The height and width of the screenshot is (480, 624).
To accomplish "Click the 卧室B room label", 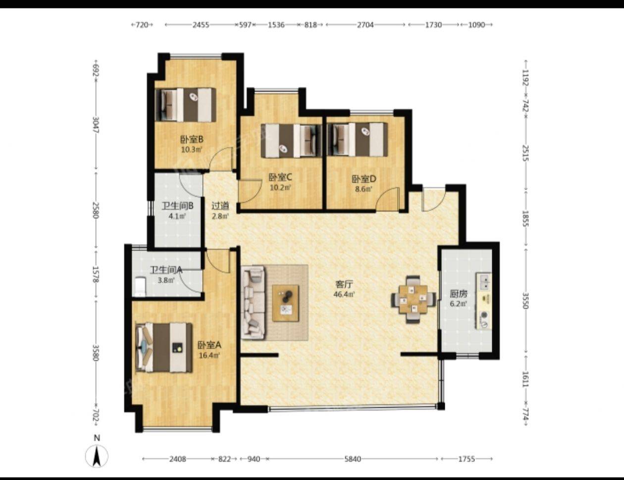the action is click(192, 140).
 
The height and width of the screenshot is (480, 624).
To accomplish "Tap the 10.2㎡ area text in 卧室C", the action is click(280, 188).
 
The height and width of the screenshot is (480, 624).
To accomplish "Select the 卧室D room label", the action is click(364, 179).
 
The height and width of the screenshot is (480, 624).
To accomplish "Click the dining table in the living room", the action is click(413, 299).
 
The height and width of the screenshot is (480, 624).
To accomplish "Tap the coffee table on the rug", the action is click(285, 303).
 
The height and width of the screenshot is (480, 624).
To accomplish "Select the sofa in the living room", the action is click(253, 303).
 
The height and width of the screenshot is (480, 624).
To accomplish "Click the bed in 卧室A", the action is click(164, 348).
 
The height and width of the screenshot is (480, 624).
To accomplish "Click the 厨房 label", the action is click(458, 294).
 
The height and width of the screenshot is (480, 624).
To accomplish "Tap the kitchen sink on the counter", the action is click(484, 282).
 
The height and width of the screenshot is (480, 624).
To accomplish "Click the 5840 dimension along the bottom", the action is click(352, 459).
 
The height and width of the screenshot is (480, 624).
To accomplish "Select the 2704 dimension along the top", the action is click(365, 25).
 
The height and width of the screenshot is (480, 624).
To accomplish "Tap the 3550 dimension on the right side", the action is click(525, 301).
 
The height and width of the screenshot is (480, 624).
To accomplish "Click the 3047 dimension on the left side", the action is click(96, 125).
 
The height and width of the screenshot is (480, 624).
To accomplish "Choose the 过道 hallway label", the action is click(220, 206).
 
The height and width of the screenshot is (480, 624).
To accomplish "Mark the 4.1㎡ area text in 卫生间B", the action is click(177, 216).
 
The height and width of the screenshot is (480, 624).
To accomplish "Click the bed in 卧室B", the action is click(186, 105).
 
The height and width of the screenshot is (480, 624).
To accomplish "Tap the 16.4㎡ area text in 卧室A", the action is click(209, 355).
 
